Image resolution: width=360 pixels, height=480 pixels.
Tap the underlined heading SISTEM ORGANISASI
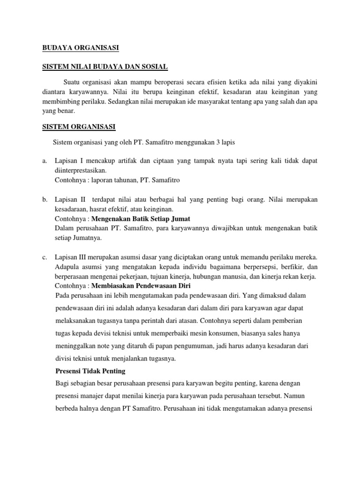tap(78, 127)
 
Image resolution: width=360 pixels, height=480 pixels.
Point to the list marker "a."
tap(45, 161)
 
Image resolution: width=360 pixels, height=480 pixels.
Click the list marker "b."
tap(45, 200)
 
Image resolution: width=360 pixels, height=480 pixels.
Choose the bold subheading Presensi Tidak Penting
tap(90, 371)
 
